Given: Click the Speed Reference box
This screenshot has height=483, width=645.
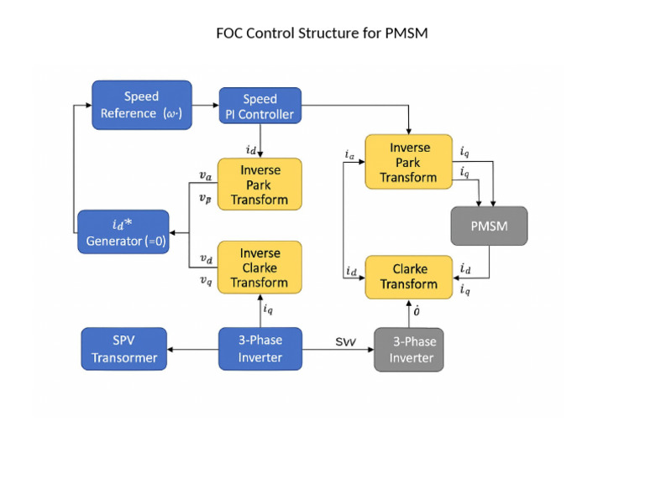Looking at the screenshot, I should coord(142,105).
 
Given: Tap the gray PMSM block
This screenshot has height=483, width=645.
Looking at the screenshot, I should coord(489,226).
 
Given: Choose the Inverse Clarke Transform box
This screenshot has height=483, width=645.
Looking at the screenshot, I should coord(260,267).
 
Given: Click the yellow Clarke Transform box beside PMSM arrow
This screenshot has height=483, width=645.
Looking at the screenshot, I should coord(409,277).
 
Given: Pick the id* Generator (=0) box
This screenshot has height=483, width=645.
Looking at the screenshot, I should coord(123,232).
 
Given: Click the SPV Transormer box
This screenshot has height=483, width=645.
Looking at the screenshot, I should coord(124,349).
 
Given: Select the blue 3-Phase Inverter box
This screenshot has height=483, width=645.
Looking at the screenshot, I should coord(260,349).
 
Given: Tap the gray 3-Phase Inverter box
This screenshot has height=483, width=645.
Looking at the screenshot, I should coord(407,350).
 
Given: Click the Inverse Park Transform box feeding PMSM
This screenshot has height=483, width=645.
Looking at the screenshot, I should coord(409,162).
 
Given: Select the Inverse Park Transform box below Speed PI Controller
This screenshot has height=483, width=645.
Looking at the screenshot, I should coord(260,184).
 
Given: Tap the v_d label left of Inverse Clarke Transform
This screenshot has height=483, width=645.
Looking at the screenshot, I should coord(206,259).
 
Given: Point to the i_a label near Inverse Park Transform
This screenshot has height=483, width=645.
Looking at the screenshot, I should coord(349,154).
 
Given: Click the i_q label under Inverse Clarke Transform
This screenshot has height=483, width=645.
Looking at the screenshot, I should coord(268,309).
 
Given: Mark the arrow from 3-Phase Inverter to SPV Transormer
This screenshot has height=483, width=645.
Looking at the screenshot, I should coord(193,350).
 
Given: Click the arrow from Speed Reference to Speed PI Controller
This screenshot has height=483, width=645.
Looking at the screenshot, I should coord(205,105).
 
